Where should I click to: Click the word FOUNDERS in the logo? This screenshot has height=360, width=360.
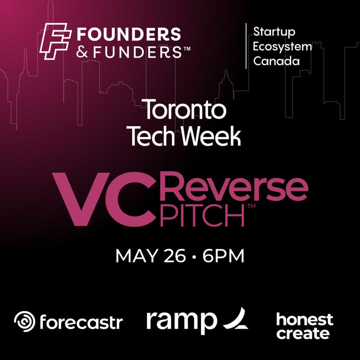[x=129, y=34]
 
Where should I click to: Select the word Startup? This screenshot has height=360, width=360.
[x=274, y=32]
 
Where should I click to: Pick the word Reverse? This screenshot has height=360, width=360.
[x=234, y=189]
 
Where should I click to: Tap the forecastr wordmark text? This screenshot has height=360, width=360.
[x=81, y=322]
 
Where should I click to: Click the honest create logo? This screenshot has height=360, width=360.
[x=304, y=327]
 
